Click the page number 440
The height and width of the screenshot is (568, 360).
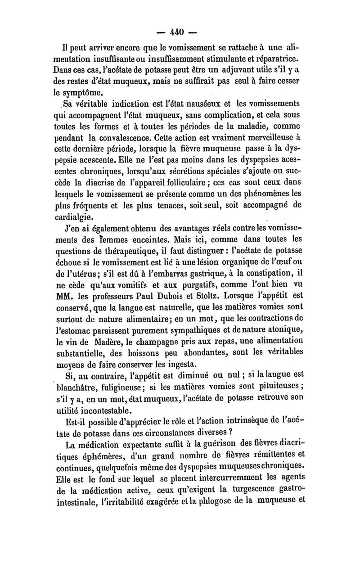[180, 33]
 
